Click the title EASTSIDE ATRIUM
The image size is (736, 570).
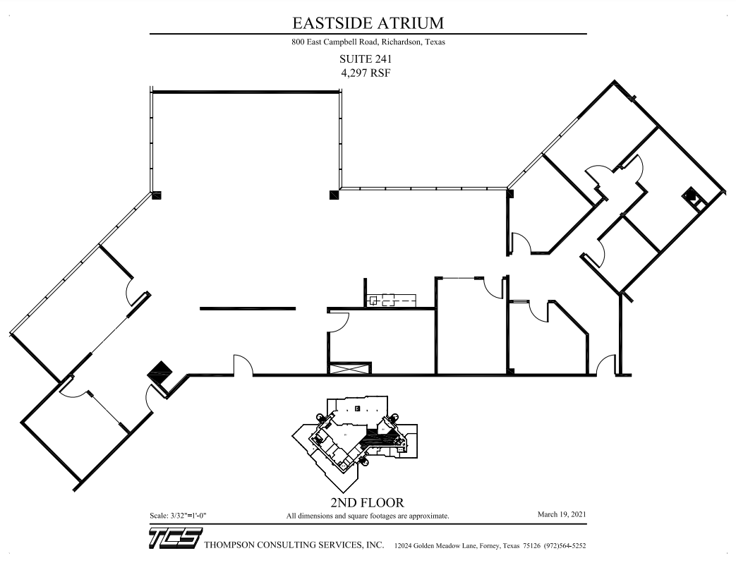368,23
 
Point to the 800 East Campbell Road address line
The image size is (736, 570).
368,42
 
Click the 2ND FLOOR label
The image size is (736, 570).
367,503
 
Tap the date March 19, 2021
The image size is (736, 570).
562,516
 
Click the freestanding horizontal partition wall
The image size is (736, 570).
248,308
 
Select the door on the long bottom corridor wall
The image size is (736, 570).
243,365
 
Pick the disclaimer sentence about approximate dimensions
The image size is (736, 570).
367,516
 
